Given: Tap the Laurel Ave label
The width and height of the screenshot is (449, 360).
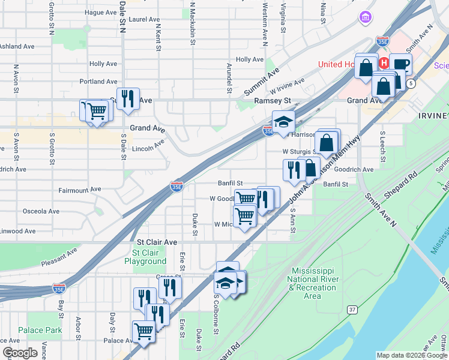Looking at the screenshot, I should click(x=144, y=19).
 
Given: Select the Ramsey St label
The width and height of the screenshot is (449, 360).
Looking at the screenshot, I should click(x=273, y=101).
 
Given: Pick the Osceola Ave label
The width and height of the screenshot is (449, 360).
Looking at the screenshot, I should click(x=41, y=211).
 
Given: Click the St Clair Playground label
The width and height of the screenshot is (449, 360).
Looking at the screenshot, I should click(x=145, y=257).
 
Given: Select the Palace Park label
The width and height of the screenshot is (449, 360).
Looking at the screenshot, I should click(x=40, y=330).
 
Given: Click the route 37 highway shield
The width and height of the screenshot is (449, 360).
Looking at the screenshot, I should click(x=351, y=308).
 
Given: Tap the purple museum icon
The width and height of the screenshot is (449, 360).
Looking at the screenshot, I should click(x=364, y=19).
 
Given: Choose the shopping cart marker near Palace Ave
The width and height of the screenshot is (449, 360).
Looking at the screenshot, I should click(x=143, y=331).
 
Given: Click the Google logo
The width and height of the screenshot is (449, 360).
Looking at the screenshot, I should click(x=20, y=353).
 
